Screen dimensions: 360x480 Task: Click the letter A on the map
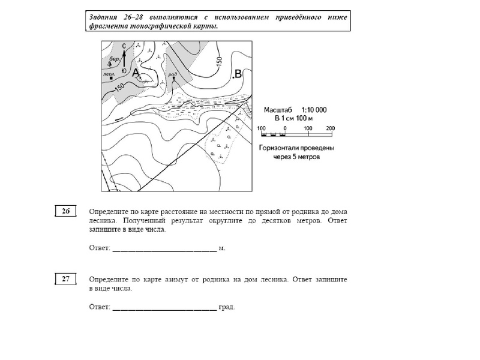point(136,73)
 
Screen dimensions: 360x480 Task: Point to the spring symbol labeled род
point(173,80)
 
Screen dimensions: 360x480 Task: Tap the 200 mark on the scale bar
point(329,128)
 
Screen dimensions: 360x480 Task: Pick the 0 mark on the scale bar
point(286,128)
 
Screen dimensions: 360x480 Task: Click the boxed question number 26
point(67,211)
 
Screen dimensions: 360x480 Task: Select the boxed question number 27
point(67,278)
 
